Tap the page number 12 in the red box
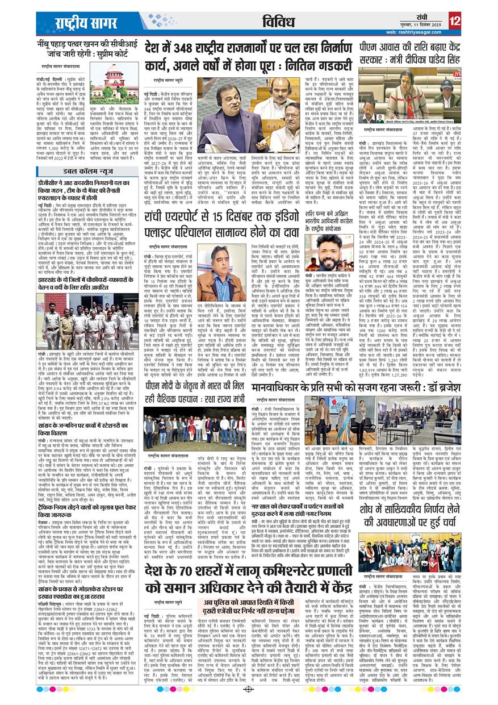tap(454, 22)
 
